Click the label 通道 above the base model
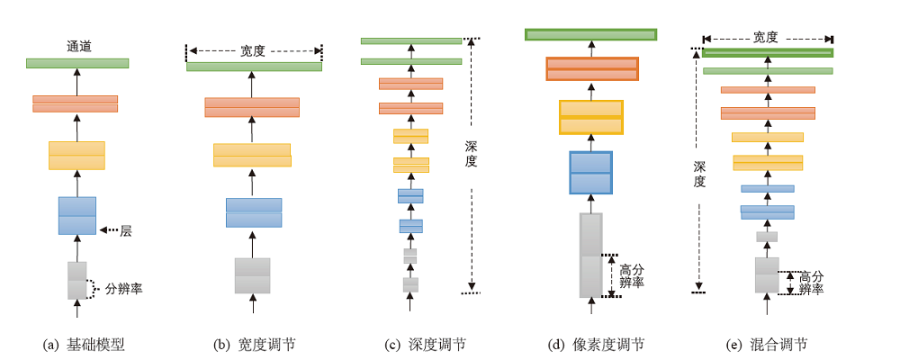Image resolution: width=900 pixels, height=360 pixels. (77, 45)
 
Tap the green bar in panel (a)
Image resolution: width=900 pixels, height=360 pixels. (77, 63)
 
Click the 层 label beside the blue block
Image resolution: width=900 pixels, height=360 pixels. (126, 231)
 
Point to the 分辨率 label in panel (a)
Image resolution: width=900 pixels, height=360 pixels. (123, 289)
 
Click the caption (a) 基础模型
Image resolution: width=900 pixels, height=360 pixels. (84, 345)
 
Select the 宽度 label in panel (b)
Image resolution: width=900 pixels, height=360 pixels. (253, 51)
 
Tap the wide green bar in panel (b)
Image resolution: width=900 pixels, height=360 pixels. (254, 67)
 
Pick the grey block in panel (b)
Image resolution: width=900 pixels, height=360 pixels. (252, 275)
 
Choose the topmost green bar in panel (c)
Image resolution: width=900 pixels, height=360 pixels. (411, 40)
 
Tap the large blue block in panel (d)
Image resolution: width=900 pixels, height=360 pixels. (590, 173)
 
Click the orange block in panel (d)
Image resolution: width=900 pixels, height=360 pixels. (591, 69)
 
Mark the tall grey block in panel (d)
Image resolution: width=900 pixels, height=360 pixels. (590, 255)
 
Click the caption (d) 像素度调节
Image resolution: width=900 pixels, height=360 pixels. (596, 345)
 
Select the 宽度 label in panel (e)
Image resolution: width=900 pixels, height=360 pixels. (766, 38)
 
